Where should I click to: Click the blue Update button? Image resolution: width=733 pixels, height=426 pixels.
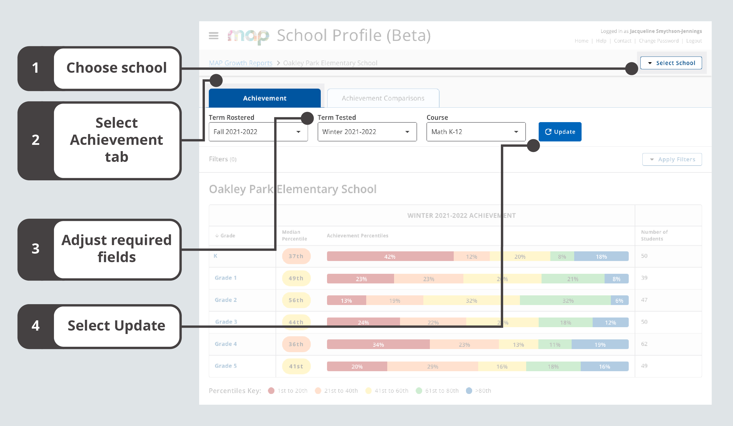pyautogui.click(x=560, y=132)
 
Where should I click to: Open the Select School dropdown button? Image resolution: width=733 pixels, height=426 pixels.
pyautogui.click(x=671, y=63)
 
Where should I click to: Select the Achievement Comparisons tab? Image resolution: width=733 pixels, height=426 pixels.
pyautogui.click(x=383, y=98)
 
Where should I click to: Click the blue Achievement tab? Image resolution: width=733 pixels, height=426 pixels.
pyautogui.click(x=265, y=98)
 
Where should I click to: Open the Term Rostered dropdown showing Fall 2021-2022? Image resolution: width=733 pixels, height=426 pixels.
pyautogui.click(x=258, y=132)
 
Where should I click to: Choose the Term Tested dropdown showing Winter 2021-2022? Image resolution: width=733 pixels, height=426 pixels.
pyautogui.click(x=367, y=132)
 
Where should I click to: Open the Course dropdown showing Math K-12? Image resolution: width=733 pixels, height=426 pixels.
pyautogui.click(x=476, y=132)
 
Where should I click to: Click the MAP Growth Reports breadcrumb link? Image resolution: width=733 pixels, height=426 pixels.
pyautogui.click(x=240, y=63)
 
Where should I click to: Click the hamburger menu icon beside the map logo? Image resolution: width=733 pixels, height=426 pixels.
pyautogui.click(x=213, y=36)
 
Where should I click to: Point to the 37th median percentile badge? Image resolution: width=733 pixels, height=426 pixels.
pyautogui.click(x=296, y=256)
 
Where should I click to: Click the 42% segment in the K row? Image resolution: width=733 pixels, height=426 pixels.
pyautogui.click(x=390, y=256)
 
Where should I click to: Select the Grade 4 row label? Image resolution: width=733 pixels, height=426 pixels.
pyautogui.click(x=225, y=344)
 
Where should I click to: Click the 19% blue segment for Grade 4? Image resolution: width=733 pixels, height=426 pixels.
pyautogui.click(x=599, y=344)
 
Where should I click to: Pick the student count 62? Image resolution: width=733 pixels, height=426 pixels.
pyautogui.click(x=644, y=344)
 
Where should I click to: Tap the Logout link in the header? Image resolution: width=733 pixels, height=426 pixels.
pyautogui.click(x=694, y=41)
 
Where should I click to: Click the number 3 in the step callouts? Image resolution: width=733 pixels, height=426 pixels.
pyautogui.click(x=36, y=249)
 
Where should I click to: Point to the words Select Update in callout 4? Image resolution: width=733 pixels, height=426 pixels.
pyautogui.click(x=116, y=325)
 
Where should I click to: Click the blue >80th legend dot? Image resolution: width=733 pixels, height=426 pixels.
pyautogui.click(x=468, y=390)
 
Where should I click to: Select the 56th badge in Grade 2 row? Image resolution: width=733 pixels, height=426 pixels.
pyautogui.click(x=296, y=300)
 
